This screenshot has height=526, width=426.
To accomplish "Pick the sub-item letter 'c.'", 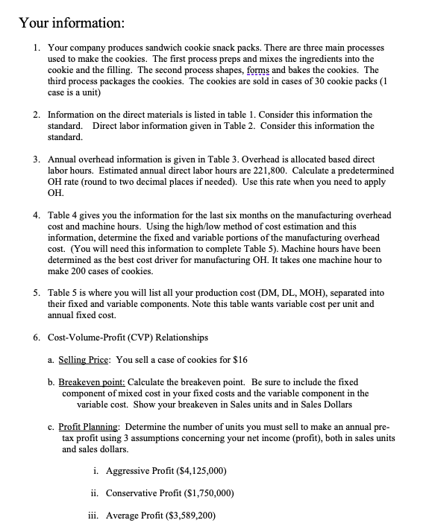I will pos(50,428).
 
